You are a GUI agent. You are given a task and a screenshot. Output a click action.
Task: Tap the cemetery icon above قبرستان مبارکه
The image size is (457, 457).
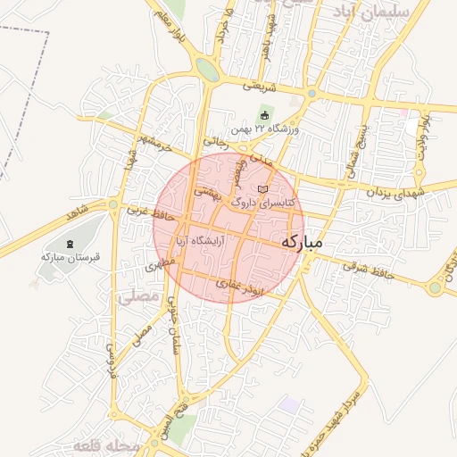pyautogui.click(x=71, y=243)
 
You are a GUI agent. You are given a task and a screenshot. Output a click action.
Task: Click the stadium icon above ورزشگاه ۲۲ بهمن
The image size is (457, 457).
pyautogui.click(x=264, y=114)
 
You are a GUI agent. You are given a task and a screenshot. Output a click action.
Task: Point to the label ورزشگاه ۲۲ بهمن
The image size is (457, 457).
pyautogui.click(x=267, y=129)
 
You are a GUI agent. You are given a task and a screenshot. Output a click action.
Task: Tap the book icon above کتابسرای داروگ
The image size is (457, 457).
pyautogui.click(x=262, y=189)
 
